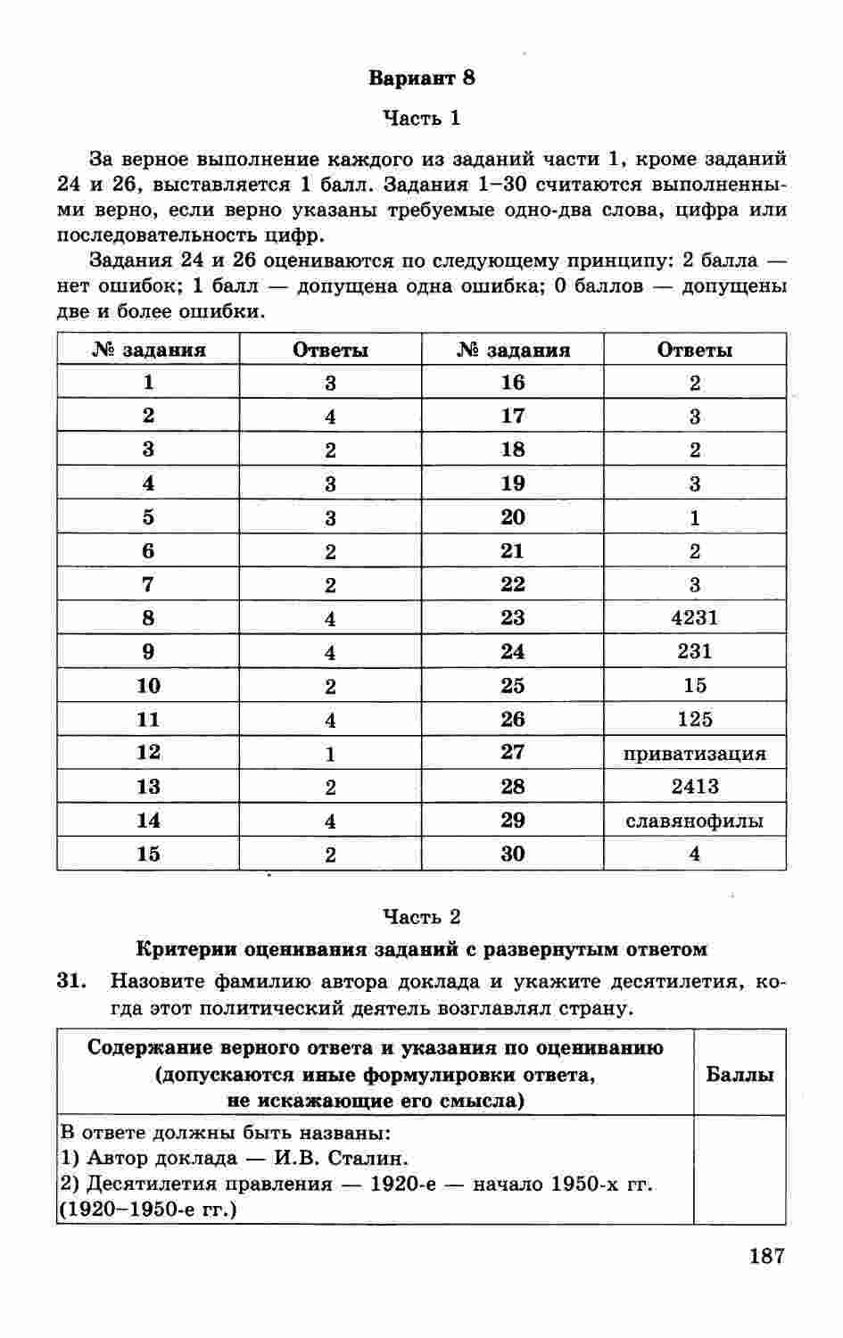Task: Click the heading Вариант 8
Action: (x=421, y=78)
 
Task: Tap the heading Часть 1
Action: (x=421, y=118)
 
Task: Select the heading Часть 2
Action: (x=421, y=916)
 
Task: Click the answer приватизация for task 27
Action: (x=694, y=753)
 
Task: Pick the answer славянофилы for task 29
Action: (x=694, y=821)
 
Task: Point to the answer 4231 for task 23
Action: (x=694, y=618)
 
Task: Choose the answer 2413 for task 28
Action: (x=694, y=787)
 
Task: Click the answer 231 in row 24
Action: (x=694, y=651)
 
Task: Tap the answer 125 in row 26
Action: (x=694, y=719)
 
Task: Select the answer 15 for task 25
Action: (x=694, y=685)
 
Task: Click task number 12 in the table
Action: (x=148, y=753)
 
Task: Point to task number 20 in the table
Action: (x=512, y=517)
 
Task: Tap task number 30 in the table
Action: (x=512, y=854)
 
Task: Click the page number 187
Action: (x=766, y=1257)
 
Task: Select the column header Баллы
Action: (x=740, y=1074)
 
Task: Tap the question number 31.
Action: (x=71, y=982)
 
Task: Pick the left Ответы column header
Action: (x=330, y=350)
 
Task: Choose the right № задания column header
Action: (x=512, y=350)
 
